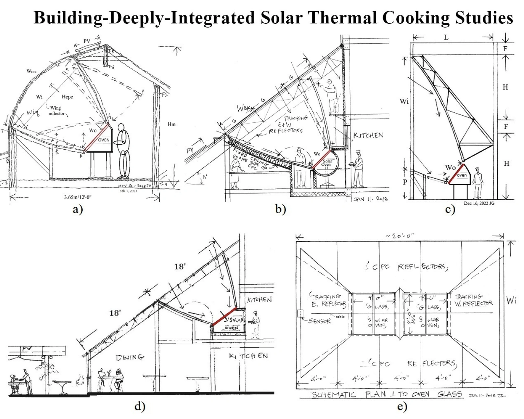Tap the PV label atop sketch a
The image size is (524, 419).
87,41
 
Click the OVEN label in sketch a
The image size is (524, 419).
104,140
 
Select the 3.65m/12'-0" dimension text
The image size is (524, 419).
78,197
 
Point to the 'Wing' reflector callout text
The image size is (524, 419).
56,111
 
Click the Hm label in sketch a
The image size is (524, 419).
171,124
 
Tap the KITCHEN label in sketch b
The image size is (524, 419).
368,135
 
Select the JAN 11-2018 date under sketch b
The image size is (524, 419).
370,199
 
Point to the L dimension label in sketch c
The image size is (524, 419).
446,37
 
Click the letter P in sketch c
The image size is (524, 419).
405,182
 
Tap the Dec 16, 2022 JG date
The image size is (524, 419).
479,203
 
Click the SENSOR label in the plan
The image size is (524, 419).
320,321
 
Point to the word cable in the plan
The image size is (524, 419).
340,317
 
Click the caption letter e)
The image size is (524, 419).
402,407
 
